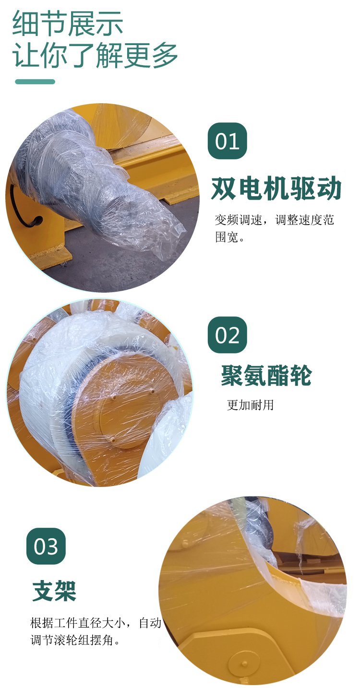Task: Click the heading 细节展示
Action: pos(68,24)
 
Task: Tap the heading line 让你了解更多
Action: pos(95,55)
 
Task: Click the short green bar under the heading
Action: pos(35,82)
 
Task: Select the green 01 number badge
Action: pos(228,141)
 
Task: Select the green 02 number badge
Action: pos(228,335)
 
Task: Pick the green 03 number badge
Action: pos(46,546)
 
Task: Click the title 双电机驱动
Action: pos(276,188)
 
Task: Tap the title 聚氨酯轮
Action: pos(266,375)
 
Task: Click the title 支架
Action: pos(54,591)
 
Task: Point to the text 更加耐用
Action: pos(250,405)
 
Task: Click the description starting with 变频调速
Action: pos(274,228)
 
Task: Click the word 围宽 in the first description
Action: pos(227,237)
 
